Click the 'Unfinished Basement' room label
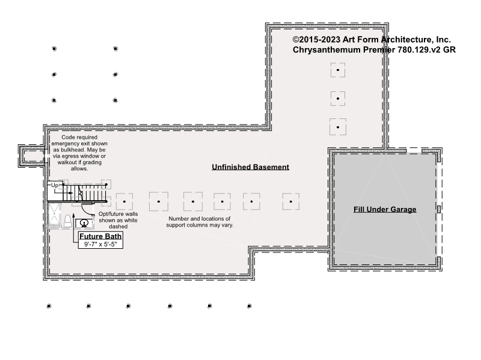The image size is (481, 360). (x=250, y=167)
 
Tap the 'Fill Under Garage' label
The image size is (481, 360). (x=385, y=209)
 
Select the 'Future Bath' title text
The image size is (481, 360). (x=100, y=236)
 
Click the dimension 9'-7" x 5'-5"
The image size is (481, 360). (x=100, y=245)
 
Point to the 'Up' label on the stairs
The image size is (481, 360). (x=55, y=186)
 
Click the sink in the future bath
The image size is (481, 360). (x=84, y=223)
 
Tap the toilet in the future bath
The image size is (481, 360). (x=67, y=221)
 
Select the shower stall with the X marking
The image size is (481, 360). (x=54, y=215)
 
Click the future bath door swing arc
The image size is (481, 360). (x=86, y=210)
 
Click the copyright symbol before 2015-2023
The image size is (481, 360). (x=296, y=40)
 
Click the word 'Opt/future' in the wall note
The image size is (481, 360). (x=108, y=214)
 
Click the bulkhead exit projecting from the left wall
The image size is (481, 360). (x=32, y=156)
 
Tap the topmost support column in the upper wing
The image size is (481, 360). (x=338, y=70)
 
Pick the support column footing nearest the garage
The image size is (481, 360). (x=291, y=201)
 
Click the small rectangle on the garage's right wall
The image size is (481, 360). (x=439, y=209)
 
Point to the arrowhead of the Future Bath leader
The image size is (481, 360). (x=73, y=215)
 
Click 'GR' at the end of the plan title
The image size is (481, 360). (x=449, y=50)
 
